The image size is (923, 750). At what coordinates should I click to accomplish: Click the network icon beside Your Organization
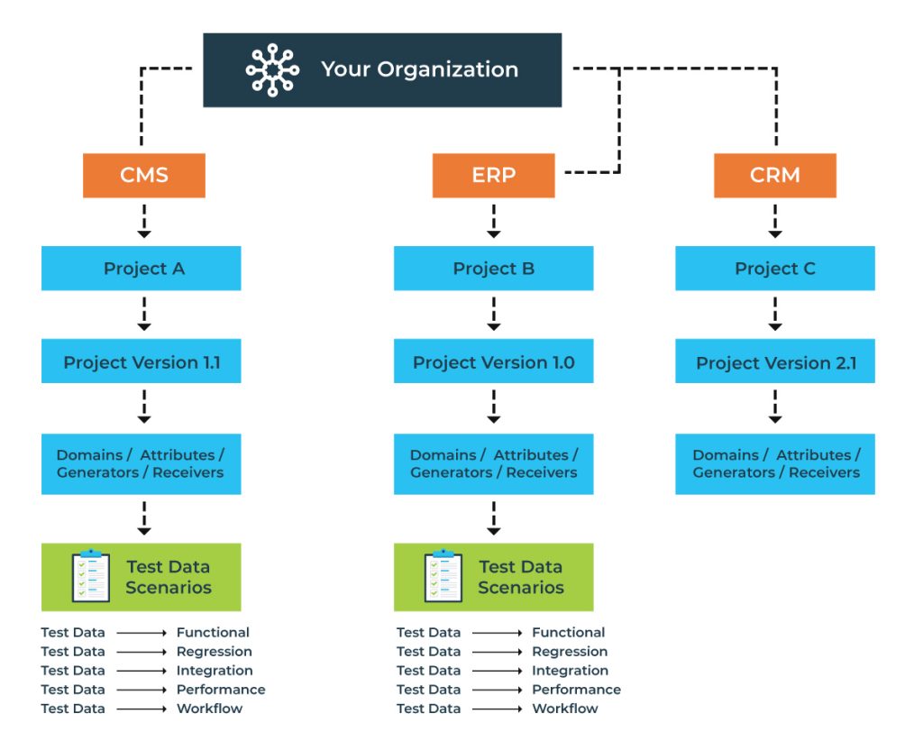[272, 70]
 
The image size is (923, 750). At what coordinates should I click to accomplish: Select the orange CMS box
[144, 175]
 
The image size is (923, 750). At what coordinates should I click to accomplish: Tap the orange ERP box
[493, 175]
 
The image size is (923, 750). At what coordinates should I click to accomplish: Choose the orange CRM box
[774, 175]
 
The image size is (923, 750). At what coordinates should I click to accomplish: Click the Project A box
[142, 269]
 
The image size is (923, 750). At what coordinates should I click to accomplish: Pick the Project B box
[493, 269]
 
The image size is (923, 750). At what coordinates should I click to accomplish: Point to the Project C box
[774, 269]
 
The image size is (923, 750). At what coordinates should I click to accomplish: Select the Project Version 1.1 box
[142, 362]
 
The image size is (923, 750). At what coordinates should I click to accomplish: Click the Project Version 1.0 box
[493, 362]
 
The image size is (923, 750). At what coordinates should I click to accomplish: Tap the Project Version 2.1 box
[774, 363]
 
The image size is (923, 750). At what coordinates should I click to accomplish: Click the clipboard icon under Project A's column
[91, 576]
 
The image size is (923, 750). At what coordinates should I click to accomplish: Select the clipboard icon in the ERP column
[443, 576]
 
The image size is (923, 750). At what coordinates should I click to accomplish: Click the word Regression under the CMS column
[215, 652]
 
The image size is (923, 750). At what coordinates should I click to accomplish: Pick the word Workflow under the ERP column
[565, 709]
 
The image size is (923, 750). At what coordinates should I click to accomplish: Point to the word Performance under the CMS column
[221, 690]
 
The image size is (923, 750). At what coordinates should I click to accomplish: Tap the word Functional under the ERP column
[569, 633]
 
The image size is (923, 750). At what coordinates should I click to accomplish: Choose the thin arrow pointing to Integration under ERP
[498, 671]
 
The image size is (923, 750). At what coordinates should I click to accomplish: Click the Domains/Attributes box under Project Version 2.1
[774, 463]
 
